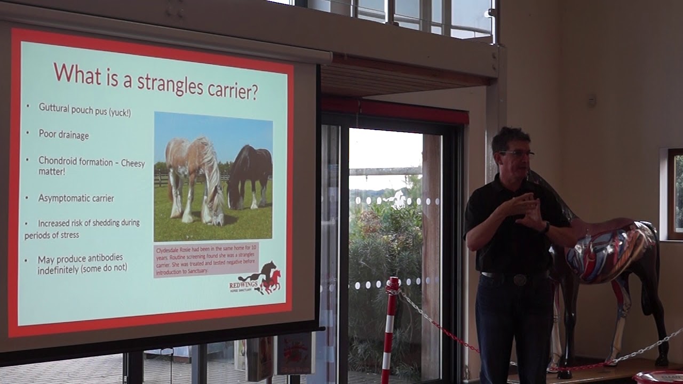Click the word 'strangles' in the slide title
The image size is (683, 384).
click(x=170, y=83)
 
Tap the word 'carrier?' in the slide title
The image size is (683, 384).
click(x=232, y=90)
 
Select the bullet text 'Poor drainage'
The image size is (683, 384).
click(x=63, y=134)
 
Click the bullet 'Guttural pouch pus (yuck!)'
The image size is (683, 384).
click(x=84, y=109)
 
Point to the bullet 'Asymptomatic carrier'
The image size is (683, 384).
click(x=76, y=198)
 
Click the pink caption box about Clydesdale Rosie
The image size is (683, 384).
click(x=205, y=260)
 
